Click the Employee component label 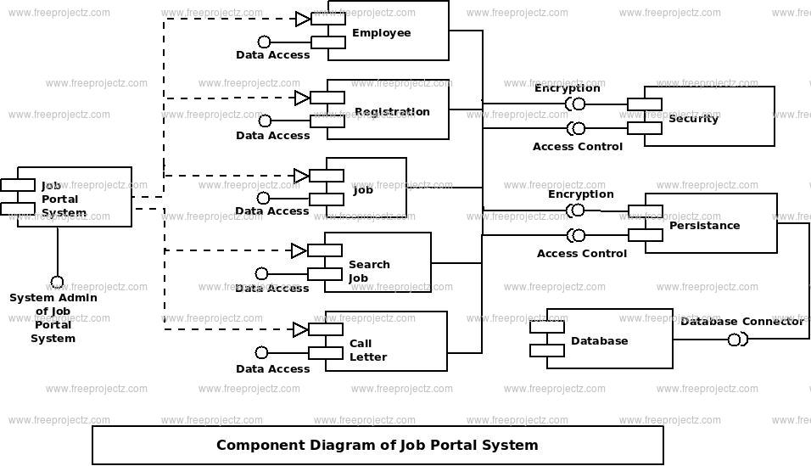[381, 32]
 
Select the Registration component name [392, 112]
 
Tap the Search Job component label [369, 272]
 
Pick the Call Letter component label [367, 350]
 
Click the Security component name [694, 119]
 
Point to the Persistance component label [704, 225]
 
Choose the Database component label [600, 340]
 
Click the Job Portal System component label [60, 199]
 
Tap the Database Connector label [742, 322]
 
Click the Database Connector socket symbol [737, 340]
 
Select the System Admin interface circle [57, 283]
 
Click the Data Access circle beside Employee [264, 42]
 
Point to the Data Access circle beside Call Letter [262, 352]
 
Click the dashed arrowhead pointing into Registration [302, 98]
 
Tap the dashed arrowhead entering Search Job [299, 251]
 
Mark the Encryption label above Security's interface [567, 88]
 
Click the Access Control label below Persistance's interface [581, 254]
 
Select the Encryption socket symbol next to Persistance [575, 211]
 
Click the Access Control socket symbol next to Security [576, 128]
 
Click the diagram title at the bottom [377, 446]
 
